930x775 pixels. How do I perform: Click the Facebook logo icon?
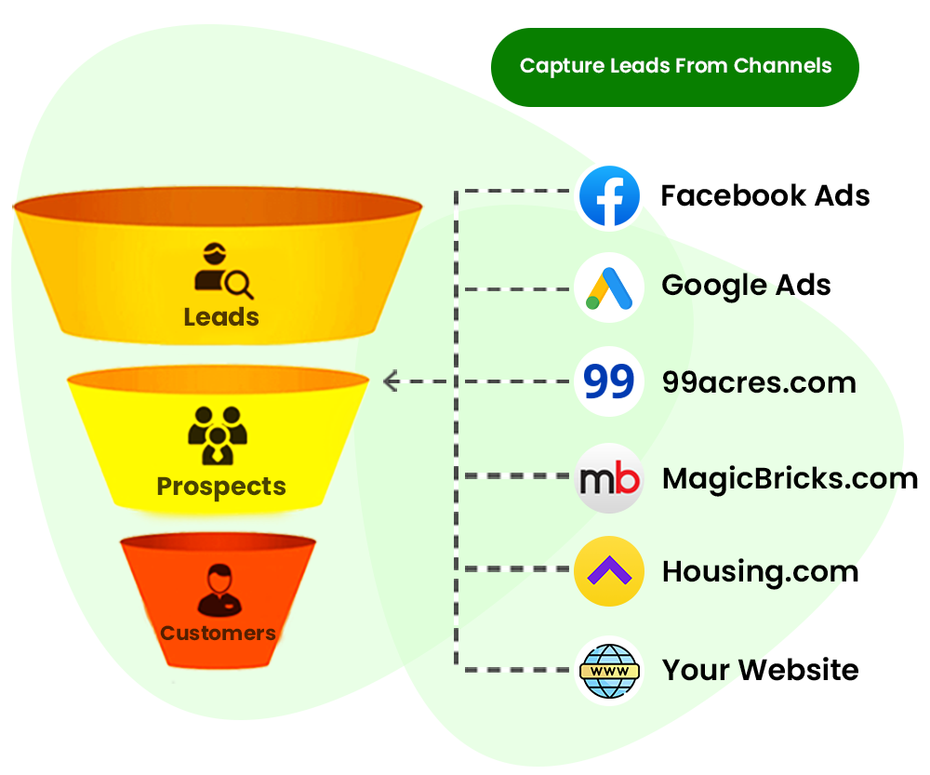coord(609,196)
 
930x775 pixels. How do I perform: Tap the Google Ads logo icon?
coord(609,288)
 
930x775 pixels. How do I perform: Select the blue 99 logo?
coord(609,381)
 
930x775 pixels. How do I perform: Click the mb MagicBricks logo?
coord(609,478)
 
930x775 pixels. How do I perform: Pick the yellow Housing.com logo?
coord(609,571)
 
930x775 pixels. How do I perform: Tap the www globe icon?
coord(609,669)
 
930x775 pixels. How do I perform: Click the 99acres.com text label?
coord(758,382)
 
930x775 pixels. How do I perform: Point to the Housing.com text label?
coord(759,572)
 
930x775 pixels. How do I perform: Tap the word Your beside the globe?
coord(695,670)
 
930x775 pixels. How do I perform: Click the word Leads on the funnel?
coord(221,317)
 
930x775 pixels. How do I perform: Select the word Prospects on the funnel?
coord(221,487)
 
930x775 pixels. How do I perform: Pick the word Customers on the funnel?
coord(219,634)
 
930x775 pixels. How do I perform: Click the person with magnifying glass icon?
coord(222,271)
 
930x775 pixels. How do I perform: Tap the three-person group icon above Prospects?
coord(218,434)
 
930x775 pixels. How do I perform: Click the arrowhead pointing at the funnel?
coord(391,381)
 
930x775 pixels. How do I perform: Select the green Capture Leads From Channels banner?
coord(674,66)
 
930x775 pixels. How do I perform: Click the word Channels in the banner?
coord(782,66)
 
